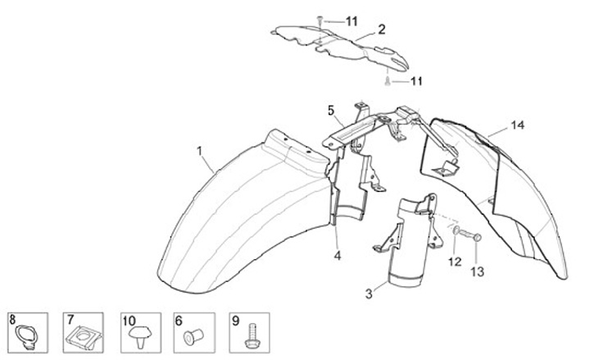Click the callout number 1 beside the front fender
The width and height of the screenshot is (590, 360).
point(199,151)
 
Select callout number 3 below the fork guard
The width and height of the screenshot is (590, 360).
point(370,291)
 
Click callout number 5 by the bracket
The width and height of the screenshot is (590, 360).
point(331,110)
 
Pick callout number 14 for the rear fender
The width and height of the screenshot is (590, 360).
point(515,125)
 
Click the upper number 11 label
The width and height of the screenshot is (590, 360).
point(351,20)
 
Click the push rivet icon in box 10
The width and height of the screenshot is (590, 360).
point(137,334)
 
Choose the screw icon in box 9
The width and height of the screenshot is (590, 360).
point(251,334)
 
